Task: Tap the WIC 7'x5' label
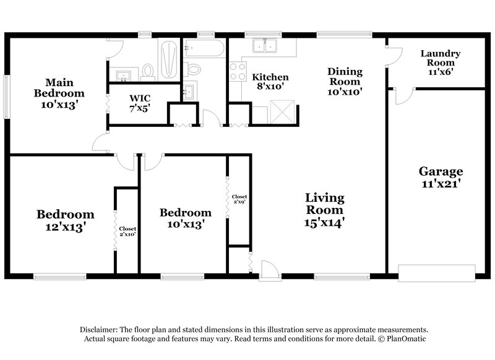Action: click(x=139, y=103)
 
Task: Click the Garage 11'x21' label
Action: click(x=441, y=177)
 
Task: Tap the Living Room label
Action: click(x=324, y=210)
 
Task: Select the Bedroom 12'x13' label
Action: click(x=65, y=220)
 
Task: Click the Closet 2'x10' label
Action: click(x=127, y=231)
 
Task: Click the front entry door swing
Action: click(x=268, y=268)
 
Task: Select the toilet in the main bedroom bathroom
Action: click(x=148, y=72)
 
